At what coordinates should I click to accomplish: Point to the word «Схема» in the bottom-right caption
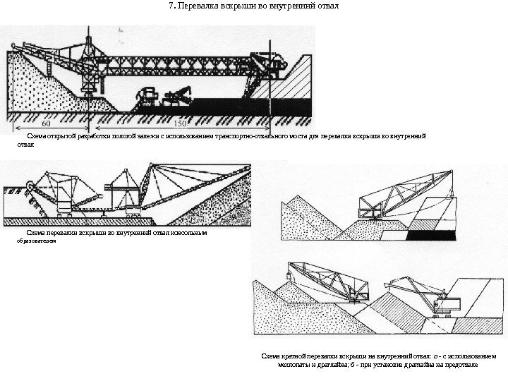(272, 357)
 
